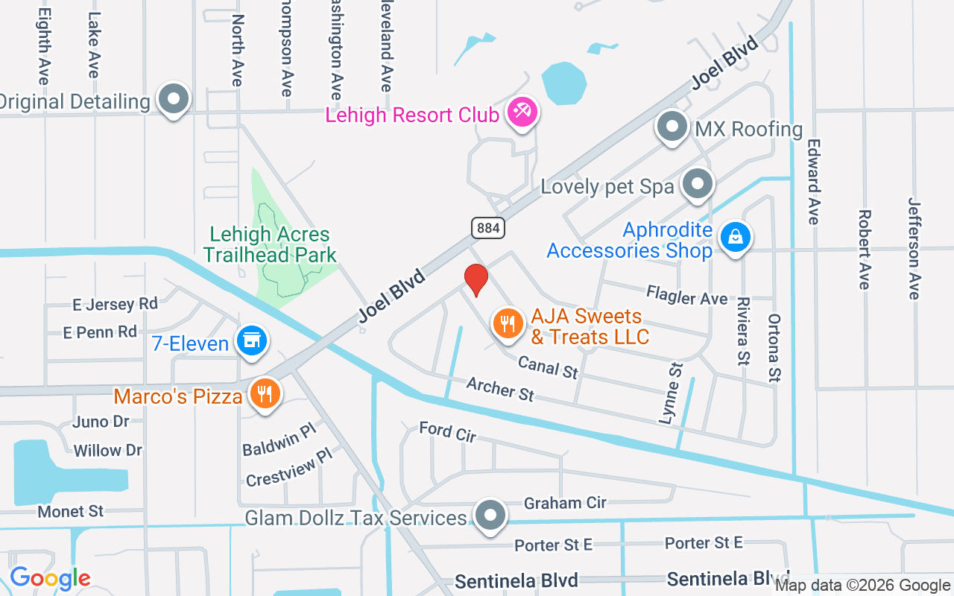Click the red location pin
(x=476, y=279)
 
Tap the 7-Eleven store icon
(x=251, y=342)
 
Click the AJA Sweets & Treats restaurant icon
(x=508, y=324)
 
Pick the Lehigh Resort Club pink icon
(x=521, y=113)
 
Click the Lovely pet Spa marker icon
(x=698, y=184)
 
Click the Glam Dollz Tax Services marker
(x=490, y=515)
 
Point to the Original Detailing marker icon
(x=174, y=100)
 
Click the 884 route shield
(x=488, y=227)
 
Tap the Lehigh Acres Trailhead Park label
(x=270, y=244)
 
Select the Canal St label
(x=548, y=366)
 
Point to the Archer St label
(x=500, y=388)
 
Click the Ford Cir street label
(x=447, y=431)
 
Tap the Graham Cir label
(x=565, y=503)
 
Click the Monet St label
(x=71, y=512)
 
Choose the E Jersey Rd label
(x=115, y=304)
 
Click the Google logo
(x=50, y=578)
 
